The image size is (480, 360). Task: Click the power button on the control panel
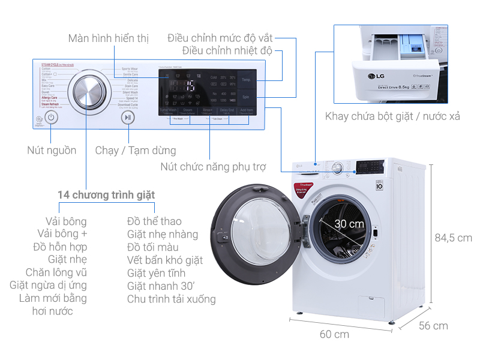click(x=52, y=118)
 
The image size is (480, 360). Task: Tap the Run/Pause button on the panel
click(x=127, y=118)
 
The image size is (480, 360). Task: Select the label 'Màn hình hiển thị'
click(x=109, y=38)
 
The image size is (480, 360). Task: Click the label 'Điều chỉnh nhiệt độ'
click(x=227, y=51)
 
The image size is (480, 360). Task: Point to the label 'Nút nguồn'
click(x=52, y=150)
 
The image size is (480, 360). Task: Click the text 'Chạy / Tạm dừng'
click(x=136, y=150)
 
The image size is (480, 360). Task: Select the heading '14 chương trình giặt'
click(x=106, y=195)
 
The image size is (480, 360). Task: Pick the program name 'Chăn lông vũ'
click(x=56, y=272)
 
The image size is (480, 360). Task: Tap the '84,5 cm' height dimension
click(x=453, y=238)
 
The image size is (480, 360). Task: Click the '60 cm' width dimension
click(x=334, y=334)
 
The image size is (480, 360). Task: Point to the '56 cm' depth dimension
click(x=433, y=326)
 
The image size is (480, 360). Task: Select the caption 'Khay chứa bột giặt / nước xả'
click(x=392, y=116)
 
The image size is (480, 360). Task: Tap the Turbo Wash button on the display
click(x=168, y=110)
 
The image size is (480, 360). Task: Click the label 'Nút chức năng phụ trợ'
click(x=212, y=166)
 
